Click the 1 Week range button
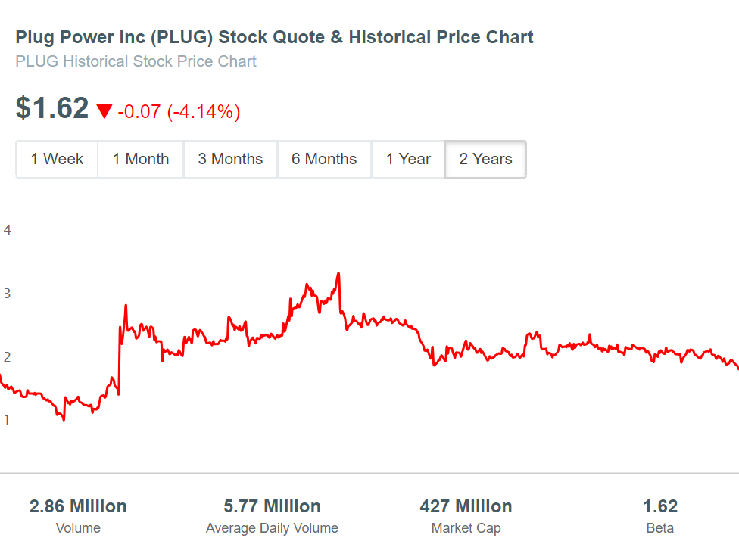[x=57, y=159]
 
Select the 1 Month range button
[x=141, y=159]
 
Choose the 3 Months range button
[x=230, y=159]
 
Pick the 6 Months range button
[x=324, y=159]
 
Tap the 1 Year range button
[x=408, y=159]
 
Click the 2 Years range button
[x=485, y=159]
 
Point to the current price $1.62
[x=52, y=109]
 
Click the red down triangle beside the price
[x=104, y=112]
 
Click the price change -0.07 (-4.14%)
[x=179, y=112]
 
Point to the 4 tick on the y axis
[x=8, y=230]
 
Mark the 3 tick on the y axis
[x=8, y=294]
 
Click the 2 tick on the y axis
[x=8, y=357]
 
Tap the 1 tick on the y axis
[x=8, y=421]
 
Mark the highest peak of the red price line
[x=338, y=273]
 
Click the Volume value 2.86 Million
[x=78, y=506]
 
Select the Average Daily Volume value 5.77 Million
[x=272, y=506]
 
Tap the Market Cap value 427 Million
[x=466, y=506]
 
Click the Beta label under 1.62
[x=659, y=528]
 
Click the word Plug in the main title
[x=33, y=37]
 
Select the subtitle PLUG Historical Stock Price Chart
[x=136, y=61]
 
